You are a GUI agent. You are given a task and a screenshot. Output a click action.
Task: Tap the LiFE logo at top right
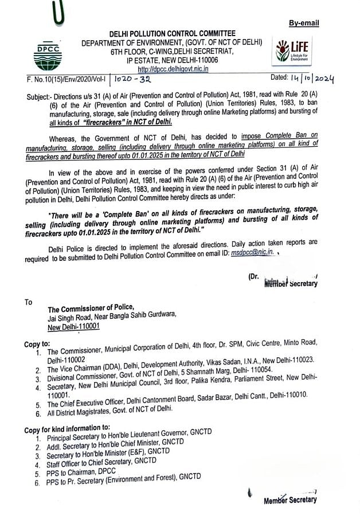pos(294,51)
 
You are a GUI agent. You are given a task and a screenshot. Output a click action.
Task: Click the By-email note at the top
pos(304,23)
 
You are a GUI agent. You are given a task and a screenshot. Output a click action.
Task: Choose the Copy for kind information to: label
pos(66,428)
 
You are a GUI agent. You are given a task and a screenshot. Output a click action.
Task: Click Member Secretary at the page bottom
pos(290,500)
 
